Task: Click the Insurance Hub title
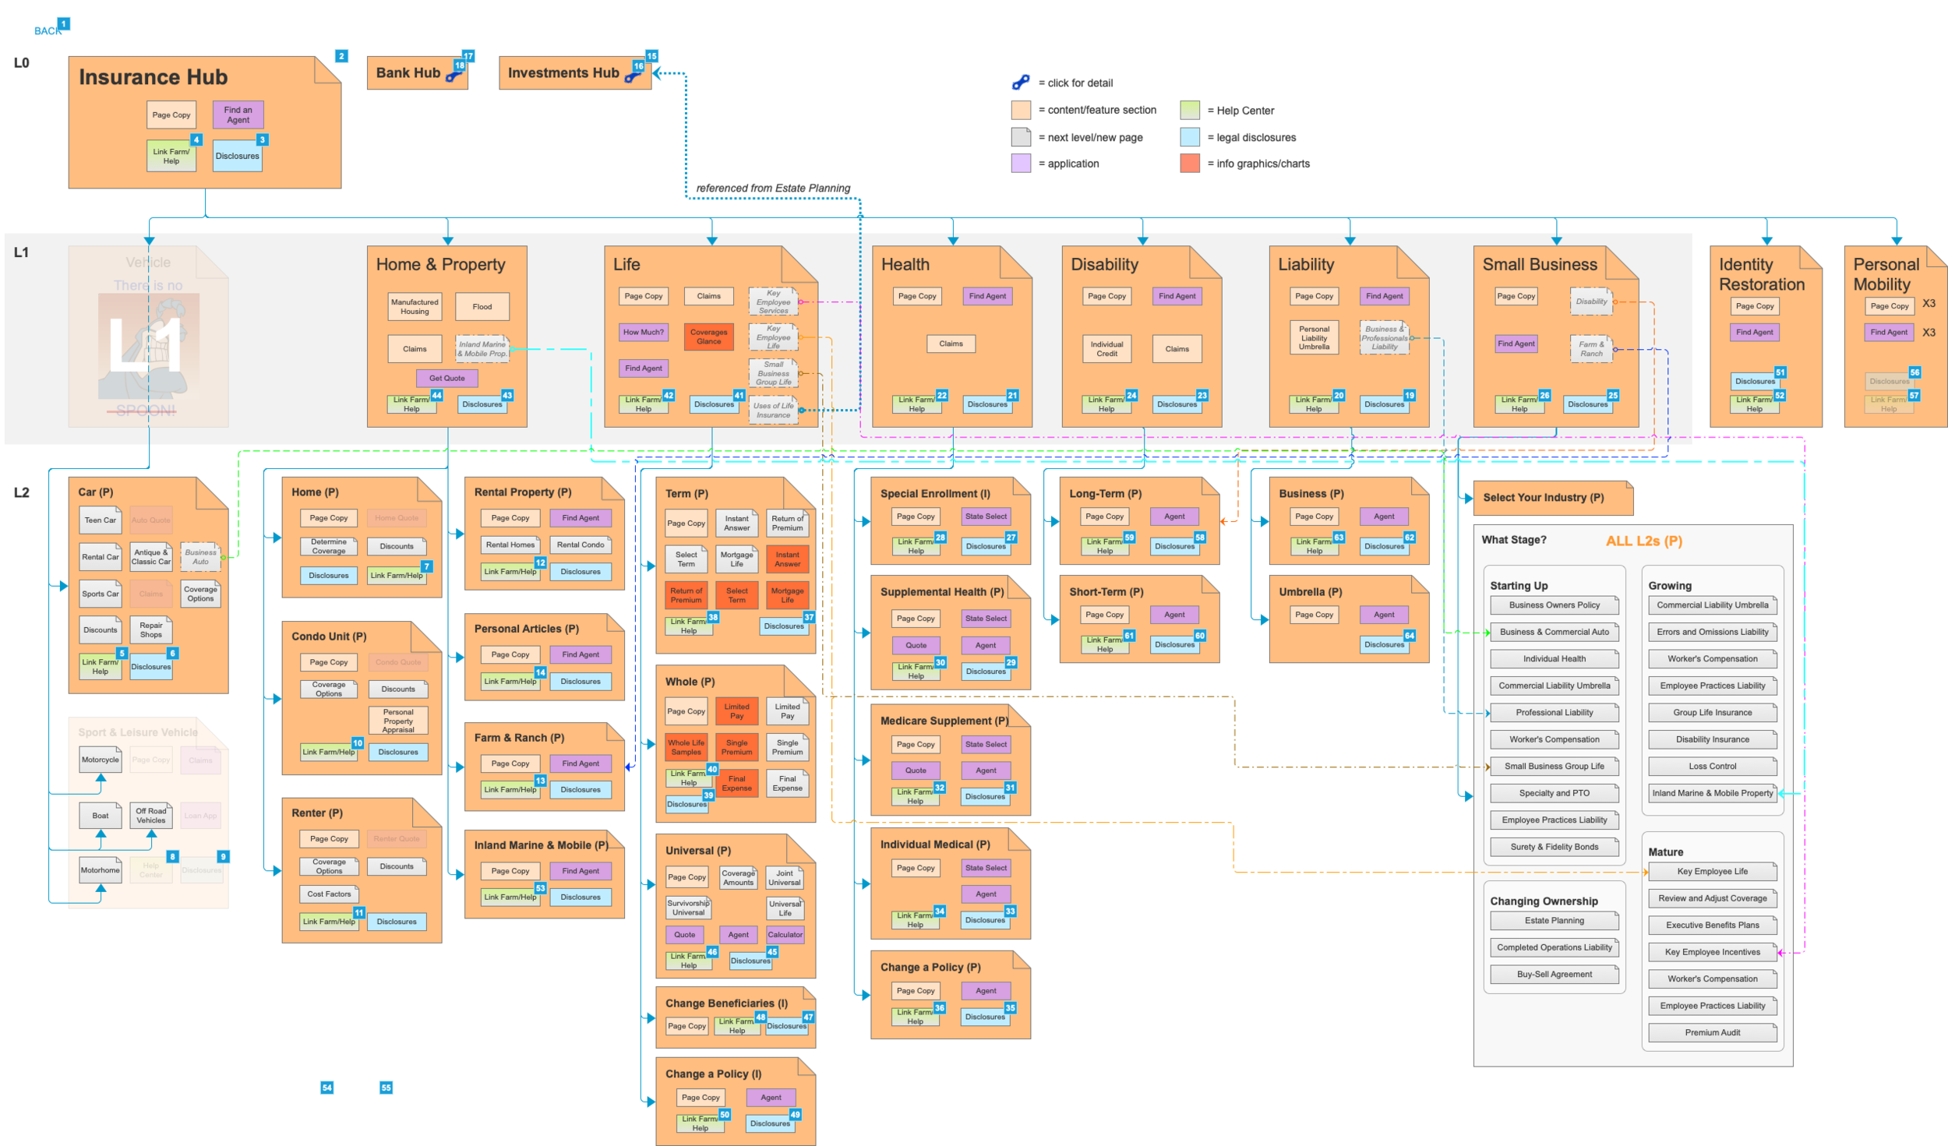click(153, 77)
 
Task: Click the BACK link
click(47, 31)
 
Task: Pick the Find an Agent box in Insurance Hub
click(238, 115)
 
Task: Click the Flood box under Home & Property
click(482, 306)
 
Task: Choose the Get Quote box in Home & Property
click(446, 378)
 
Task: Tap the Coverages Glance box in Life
click(708, 337)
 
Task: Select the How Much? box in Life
click(643, 332)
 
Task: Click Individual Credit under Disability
click(1106, 348)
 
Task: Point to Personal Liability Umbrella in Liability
click(1314, 338)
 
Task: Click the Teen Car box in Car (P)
click(100, 520)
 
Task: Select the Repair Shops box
click(151, 629)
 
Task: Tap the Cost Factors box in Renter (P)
click(329, 894)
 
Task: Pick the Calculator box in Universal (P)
click(785, 934)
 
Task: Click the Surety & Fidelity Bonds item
click(1554, 847)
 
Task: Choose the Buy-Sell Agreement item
click(1554, 974)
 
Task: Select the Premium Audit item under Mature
click(1712, 1032)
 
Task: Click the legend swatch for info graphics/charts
click(1189, 164)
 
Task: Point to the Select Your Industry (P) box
click(1543, 497)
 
